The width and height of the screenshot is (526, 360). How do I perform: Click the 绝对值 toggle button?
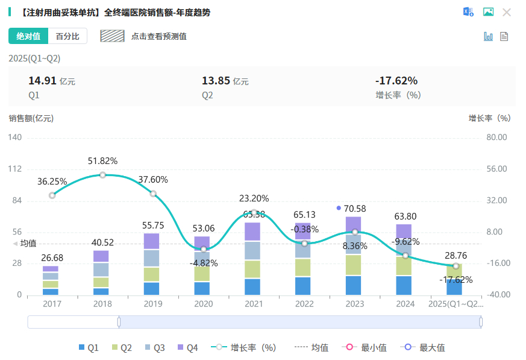click(x=28, y=36)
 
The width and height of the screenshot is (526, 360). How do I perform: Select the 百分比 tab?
click(x=67, y=36)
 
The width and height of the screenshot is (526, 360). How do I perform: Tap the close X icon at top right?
click(x=507, y=12)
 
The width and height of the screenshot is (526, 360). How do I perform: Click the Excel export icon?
click(x=468, y=12)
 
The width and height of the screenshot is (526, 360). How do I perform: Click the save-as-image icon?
click(x=488, y=12)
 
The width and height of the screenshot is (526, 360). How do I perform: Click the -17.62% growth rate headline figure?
click(x=396, y=81)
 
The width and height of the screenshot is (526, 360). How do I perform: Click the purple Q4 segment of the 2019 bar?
click(x=153, y=241)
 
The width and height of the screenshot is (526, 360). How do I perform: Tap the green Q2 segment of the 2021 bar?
click(x=254, y=269)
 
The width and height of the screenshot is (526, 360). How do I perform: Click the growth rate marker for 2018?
click(x=102, y=175)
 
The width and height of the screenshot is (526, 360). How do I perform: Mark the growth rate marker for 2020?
click(x=204, y=249)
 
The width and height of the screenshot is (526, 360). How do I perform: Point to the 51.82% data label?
click(x=102, y=161)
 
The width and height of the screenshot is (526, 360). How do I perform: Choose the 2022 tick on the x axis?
click(x=304, y=304)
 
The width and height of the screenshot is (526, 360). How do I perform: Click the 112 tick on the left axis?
click(x=15, y=169)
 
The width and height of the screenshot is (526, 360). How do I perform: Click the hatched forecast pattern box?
click(x=112, y=36)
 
